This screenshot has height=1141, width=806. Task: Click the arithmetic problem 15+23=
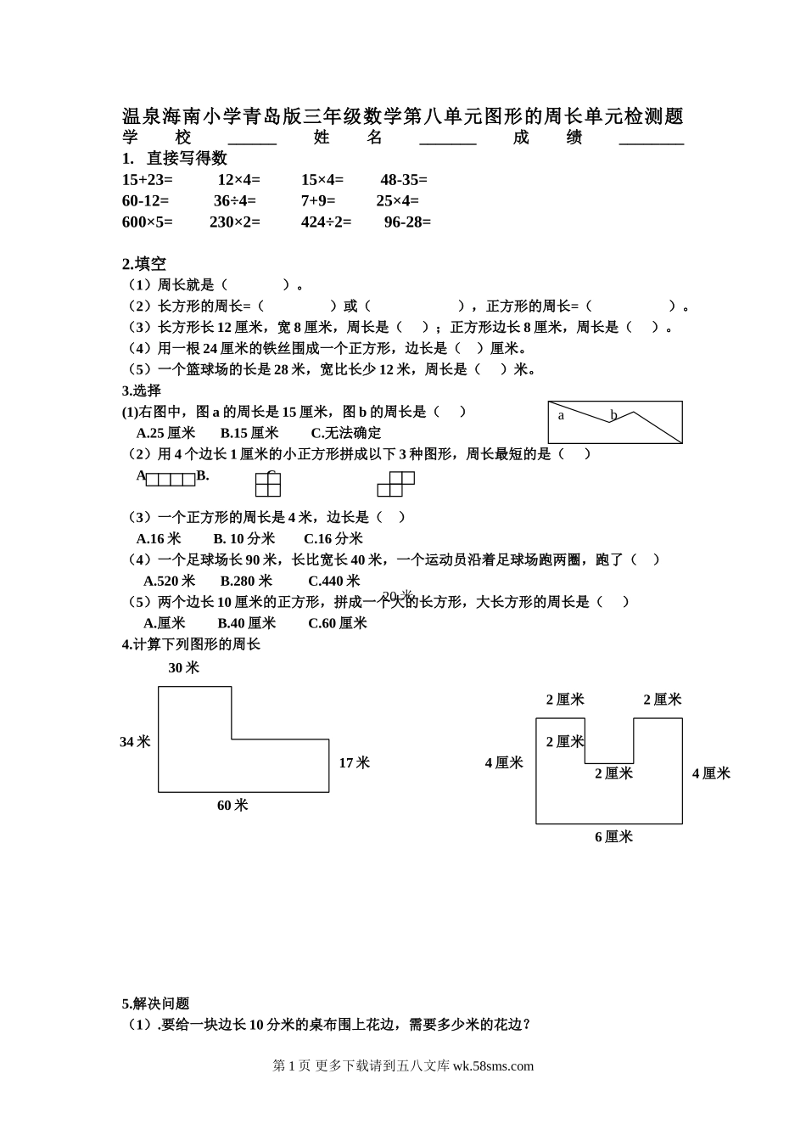click(x=147, y=180)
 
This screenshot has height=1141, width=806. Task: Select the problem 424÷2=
click(x=326, y=222)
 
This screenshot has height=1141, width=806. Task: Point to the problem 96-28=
click(x=407, y=222)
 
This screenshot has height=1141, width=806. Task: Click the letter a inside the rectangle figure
click(x=561, y=415)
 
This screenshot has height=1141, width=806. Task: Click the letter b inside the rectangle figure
click(x=613, y=415)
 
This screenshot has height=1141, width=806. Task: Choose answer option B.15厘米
click(x=249, y=433)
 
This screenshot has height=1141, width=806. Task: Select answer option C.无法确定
click(x=346, y=433)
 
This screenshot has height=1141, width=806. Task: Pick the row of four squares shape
click(x=171, y=480)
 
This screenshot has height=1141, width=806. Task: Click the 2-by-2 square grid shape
click(x=268, y=485)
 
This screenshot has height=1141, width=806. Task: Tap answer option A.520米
click(x=169, y=581)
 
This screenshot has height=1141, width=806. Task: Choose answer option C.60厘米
click(x=337, y=623)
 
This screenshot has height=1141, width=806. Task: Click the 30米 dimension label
click(x=183, y=668)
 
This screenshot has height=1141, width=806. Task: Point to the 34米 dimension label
click(x=135, y=742)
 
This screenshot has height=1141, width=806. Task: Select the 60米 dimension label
click(x=232, y=806)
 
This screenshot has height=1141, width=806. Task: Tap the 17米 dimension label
click(x=355, y=763)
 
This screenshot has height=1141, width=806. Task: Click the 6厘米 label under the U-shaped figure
click(x=613, y=837)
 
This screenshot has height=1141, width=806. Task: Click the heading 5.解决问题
click(x=155, y=1003)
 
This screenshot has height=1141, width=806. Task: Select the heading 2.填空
click(x=143, y=264)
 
